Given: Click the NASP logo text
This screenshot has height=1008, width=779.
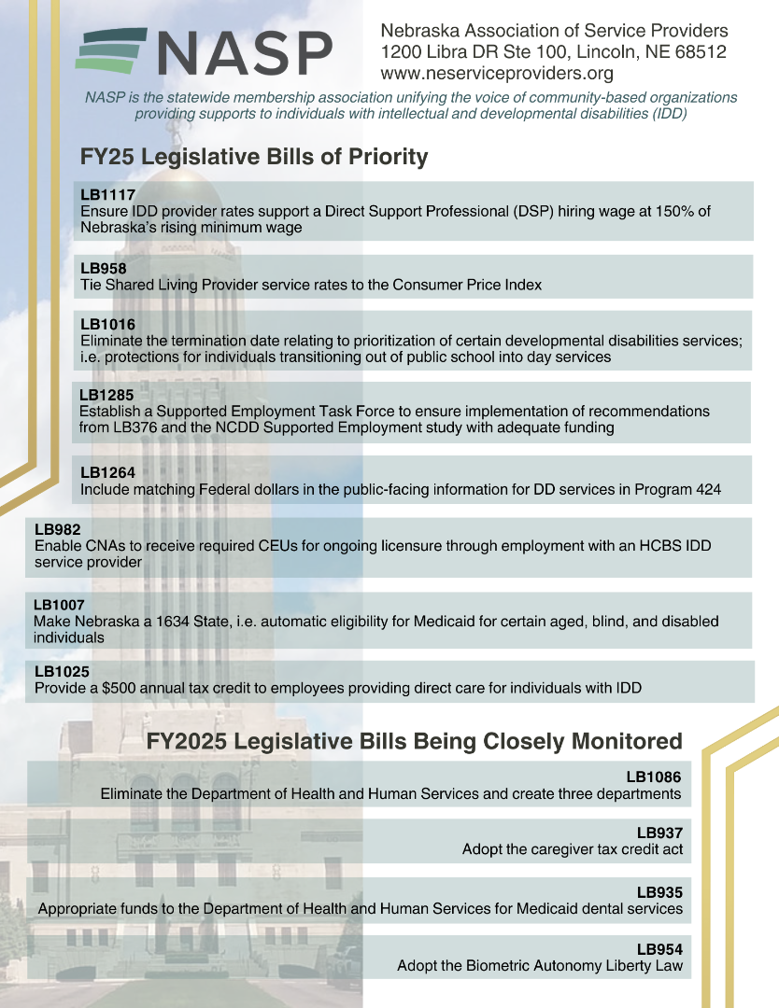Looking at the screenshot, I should [x=245, y=53].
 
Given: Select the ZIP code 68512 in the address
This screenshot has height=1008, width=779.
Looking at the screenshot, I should [x=700, y=52].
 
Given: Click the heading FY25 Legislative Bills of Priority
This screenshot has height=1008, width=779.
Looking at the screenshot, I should [x=254, y=157].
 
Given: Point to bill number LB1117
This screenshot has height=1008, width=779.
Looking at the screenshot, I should [x=108, y=195].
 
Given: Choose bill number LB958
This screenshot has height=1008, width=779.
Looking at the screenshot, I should [x=104, y=269].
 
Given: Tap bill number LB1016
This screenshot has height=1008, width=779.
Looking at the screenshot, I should [x=108, y=324].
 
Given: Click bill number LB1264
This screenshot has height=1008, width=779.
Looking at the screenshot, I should [x=108, y=472].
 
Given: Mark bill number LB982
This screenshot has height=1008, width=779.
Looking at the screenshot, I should [x=58, y=529].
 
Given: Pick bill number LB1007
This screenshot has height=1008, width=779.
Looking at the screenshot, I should [x=60, y=605].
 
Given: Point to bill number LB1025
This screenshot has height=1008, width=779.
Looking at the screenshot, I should [x=62, y=671].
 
